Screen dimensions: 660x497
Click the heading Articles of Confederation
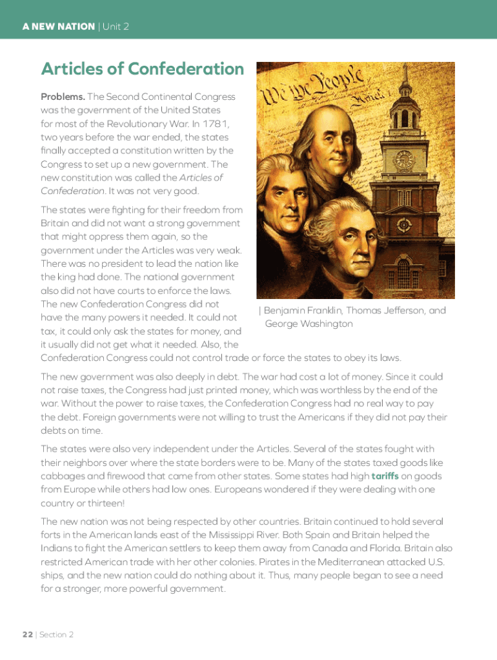(143, 69)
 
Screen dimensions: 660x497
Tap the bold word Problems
(63, 97)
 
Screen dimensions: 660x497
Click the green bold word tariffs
(389, 476)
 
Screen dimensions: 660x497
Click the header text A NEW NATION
(58, 27)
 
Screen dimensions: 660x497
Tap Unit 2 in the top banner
(116, 27)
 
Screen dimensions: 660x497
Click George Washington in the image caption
(309, 324)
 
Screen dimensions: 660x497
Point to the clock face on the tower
(404, 158)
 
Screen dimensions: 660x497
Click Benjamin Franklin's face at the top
(338, 139)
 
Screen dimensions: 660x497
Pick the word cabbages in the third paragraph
(61, 476)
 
